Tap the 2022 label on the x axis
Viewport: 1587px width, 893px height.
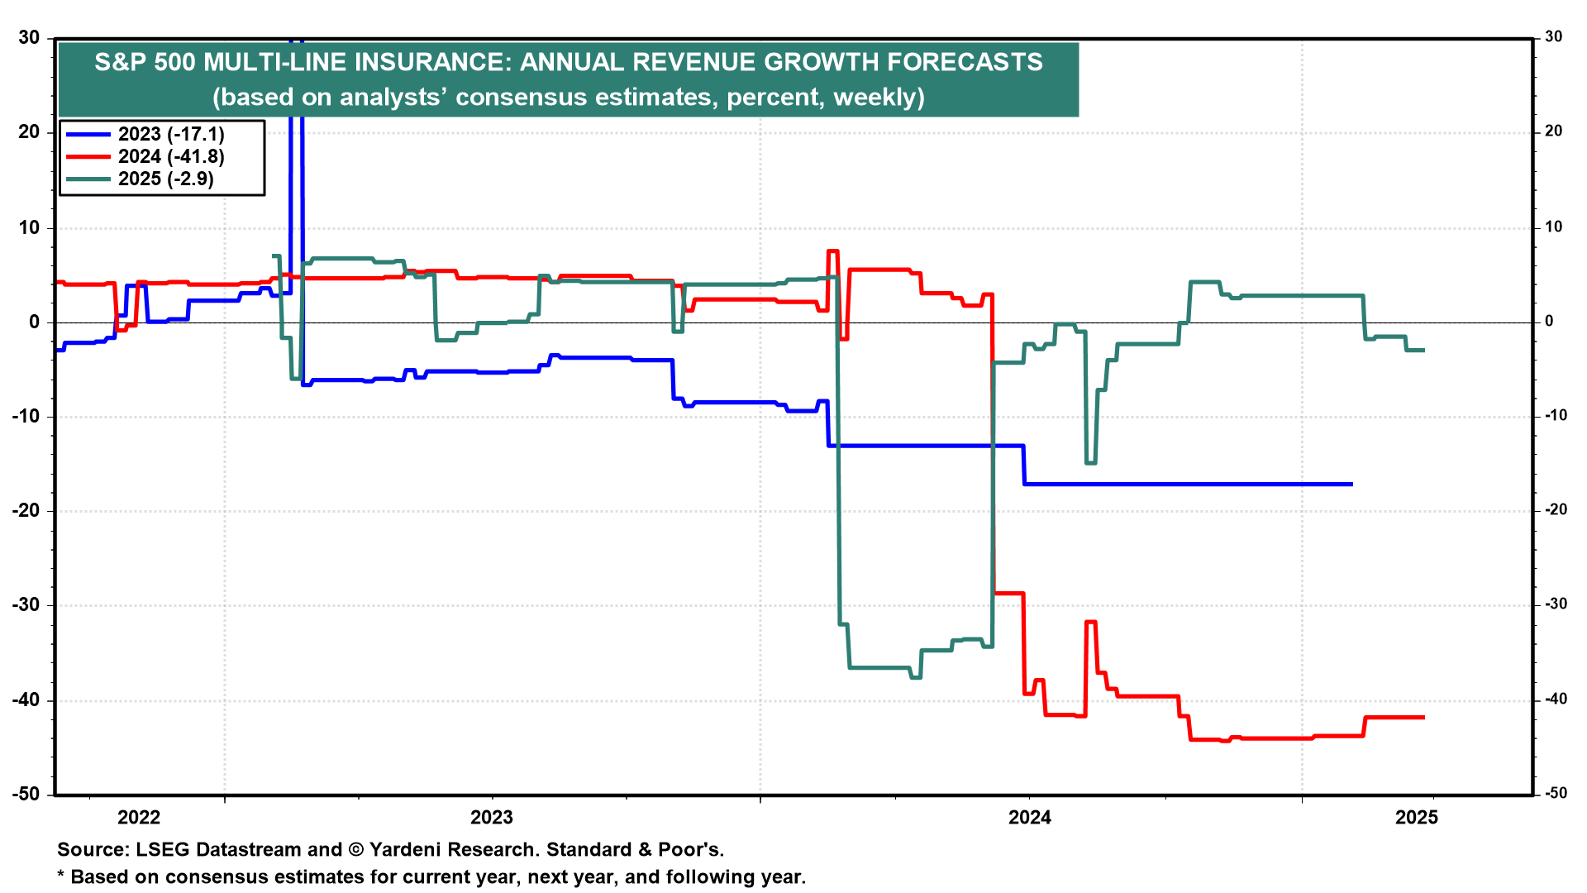(x=139, y=818)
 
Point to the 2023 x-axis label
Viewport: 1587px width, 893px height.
(x=492, y=818)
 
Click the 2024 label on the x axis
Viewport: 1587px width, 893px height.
(x=1030, y=818)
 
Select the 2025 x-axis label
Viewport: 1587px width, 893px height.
(x=1417, y=818)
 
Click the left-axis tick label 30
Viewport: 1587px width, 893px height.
(x=29, y=37)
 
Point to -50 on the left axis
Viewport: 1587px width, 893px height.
(x=26, y=794)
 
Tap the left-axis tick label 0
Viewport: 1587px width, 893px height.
(x=34, y=322)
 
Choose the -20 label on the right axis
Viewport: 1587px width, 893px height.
(x=1556, y=510)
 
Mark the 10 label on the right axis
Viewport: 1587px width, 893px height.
(x=1554, y=227)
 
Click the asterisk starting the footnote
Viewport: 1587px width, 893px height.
(x=60, y=875)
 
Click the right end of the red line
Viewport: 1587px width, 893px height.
(x=1423, y=717)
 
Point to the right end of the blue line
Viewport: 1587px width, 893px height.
(x=1351, y=484)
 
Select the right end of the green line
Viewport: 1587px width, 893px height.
(x=1423, y=350)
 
